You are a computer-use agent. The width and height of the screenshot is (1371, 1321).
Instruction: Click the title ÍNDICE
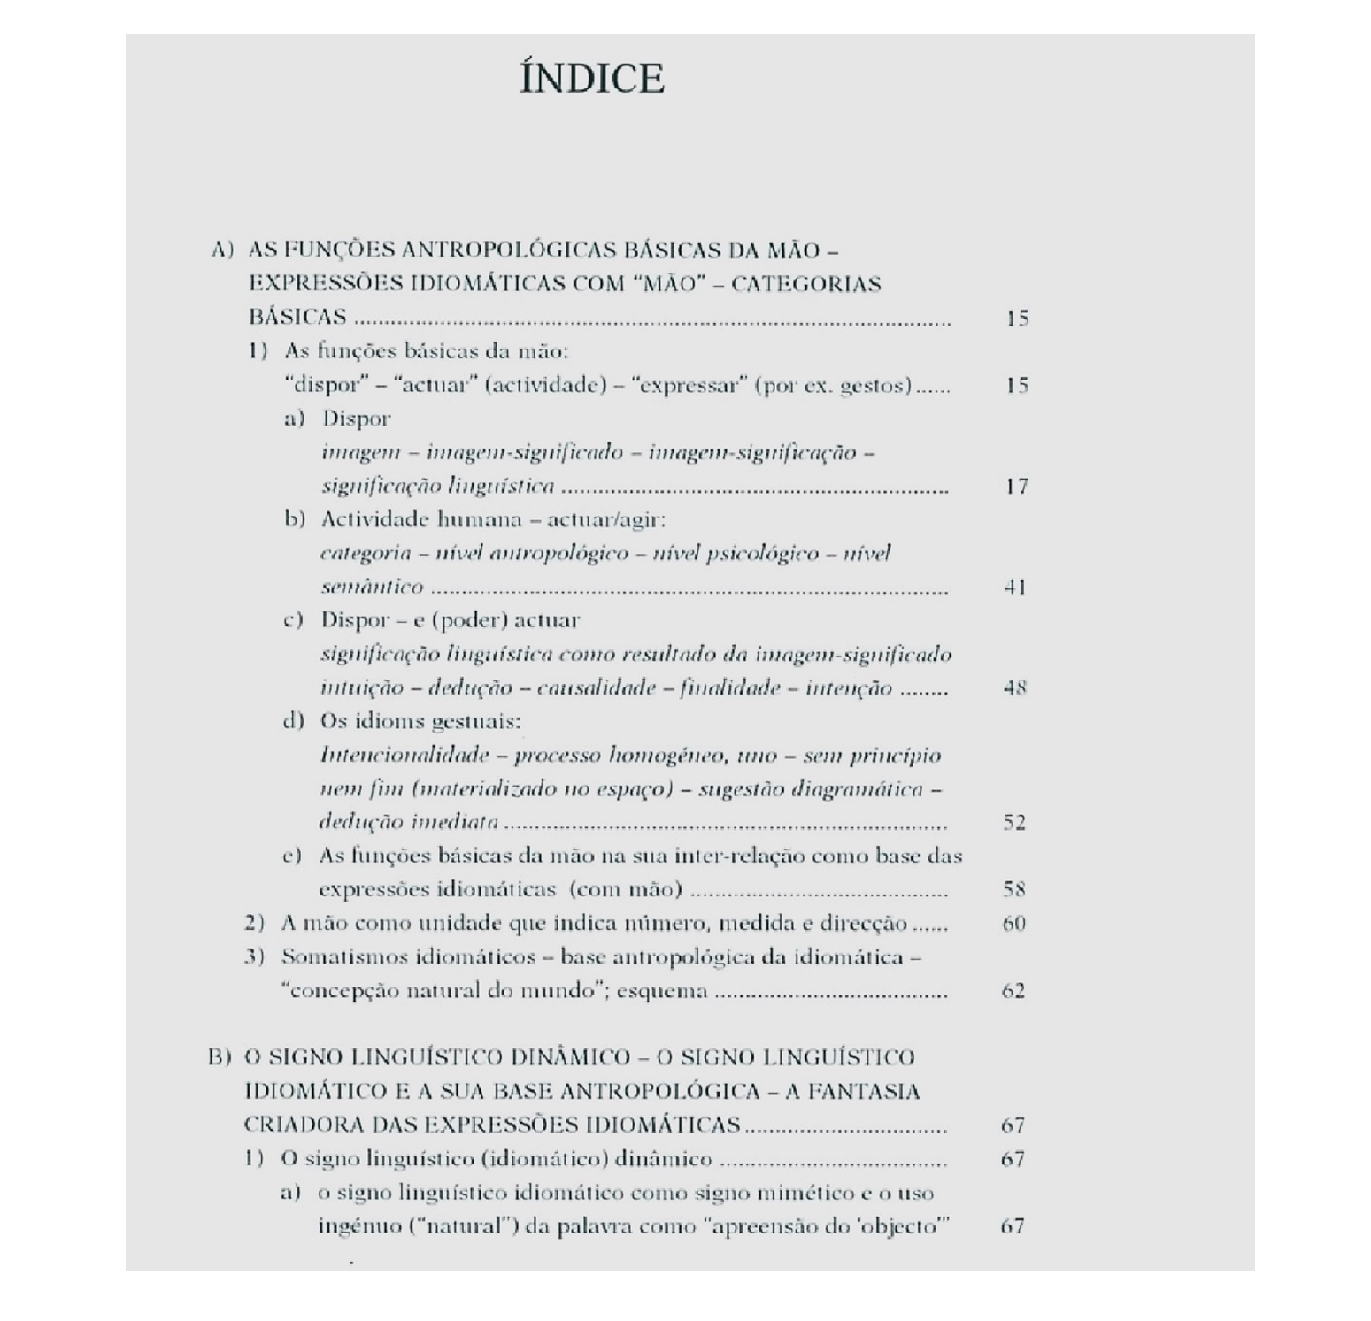click(591, 79)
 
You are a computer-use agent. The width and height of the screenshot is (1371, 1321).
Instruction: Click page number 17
click(1017, 486)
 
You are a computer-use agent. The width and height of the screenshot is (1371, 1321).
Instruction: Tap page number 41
click(1015, 587)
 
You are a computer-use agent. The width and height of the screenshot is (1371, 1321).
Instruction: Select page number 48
click(1015, 687)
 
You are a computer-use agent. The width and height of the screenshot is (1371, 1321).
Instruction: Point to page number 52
click(1014, 822)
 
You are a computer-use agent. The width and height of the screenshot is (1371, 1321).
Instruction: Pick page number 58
click(1014, 889)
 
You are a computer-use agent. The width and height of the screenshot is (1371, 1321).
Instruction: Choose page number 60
click(1014, 923)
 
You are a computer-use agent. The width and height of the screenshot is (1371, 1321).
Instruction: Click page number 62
click(1013, 990)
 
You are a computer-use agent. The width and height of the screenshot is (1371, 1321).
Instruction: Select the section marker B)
click(220, 1057)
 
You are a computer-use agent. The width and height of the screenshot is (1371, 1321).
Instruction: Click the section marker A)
click(222, 250)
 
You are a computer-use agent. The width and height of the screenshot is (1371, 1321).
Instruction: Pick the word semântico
click(372, 587)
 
